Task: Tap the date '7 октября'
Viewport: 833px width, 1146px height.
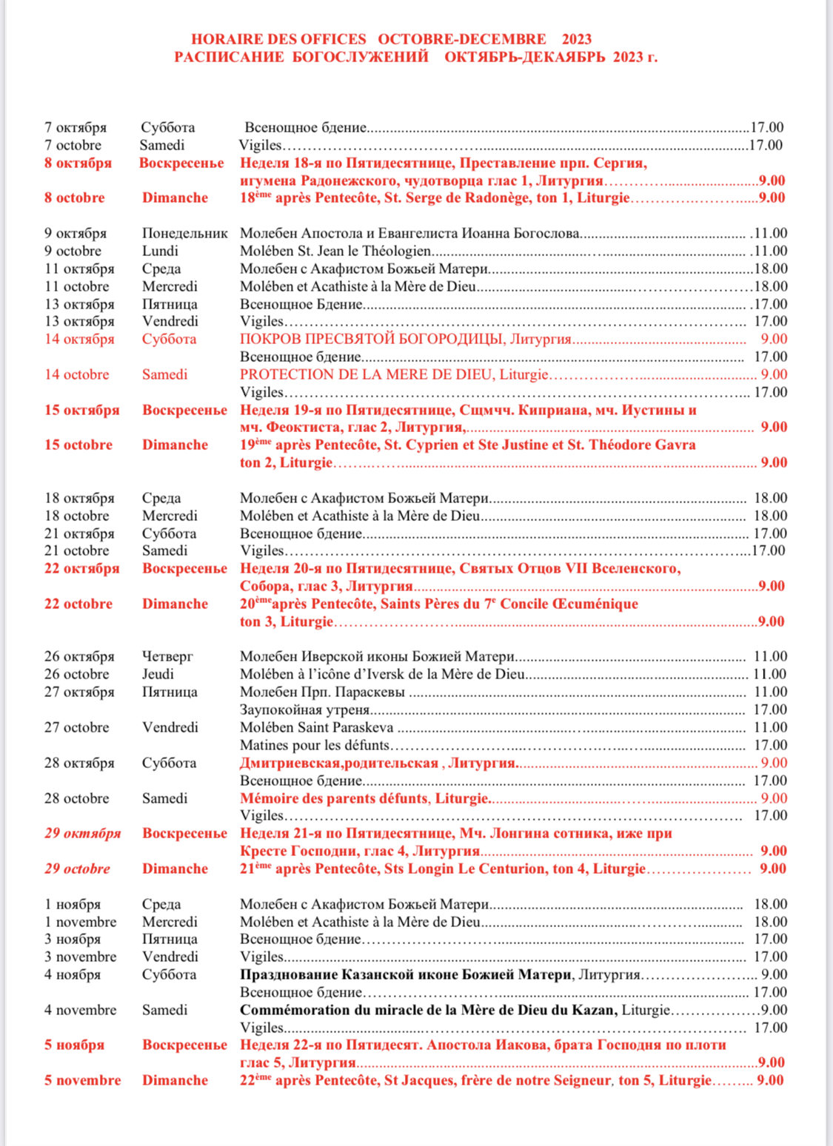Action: click(76, 127)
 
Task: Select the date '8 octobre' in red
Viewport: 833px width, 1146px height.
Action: click(75, 198)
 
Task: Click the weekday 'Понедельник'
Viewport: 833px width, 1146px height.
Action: click(185, 233)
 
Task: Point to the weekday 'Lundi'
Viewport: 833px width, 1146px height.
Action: click(160, 251)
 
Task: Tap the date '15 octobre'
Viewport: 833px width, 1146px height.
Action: click(78, 445)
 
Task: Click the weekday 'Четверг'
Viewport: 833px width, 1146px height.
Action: click(167, 656)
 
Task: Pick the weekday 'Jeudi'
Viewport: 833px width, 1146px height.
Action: click(158, 674)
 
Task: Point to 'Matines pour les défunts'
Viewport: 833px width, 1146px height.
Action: click(315, 745)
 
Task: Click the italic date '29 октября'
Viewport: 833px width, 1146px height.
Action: click(82, 833)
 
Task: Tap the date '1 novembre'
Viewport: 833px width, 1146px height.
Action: click(80, 922)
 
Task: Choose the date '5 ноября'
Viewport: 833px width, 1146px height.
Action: click(74, 1045)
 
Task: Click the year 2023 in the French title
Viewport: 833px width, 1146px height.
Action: click(577, 39)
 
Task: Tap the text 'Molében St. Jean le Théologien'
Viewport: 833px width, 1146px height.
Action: click(335, 251)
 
